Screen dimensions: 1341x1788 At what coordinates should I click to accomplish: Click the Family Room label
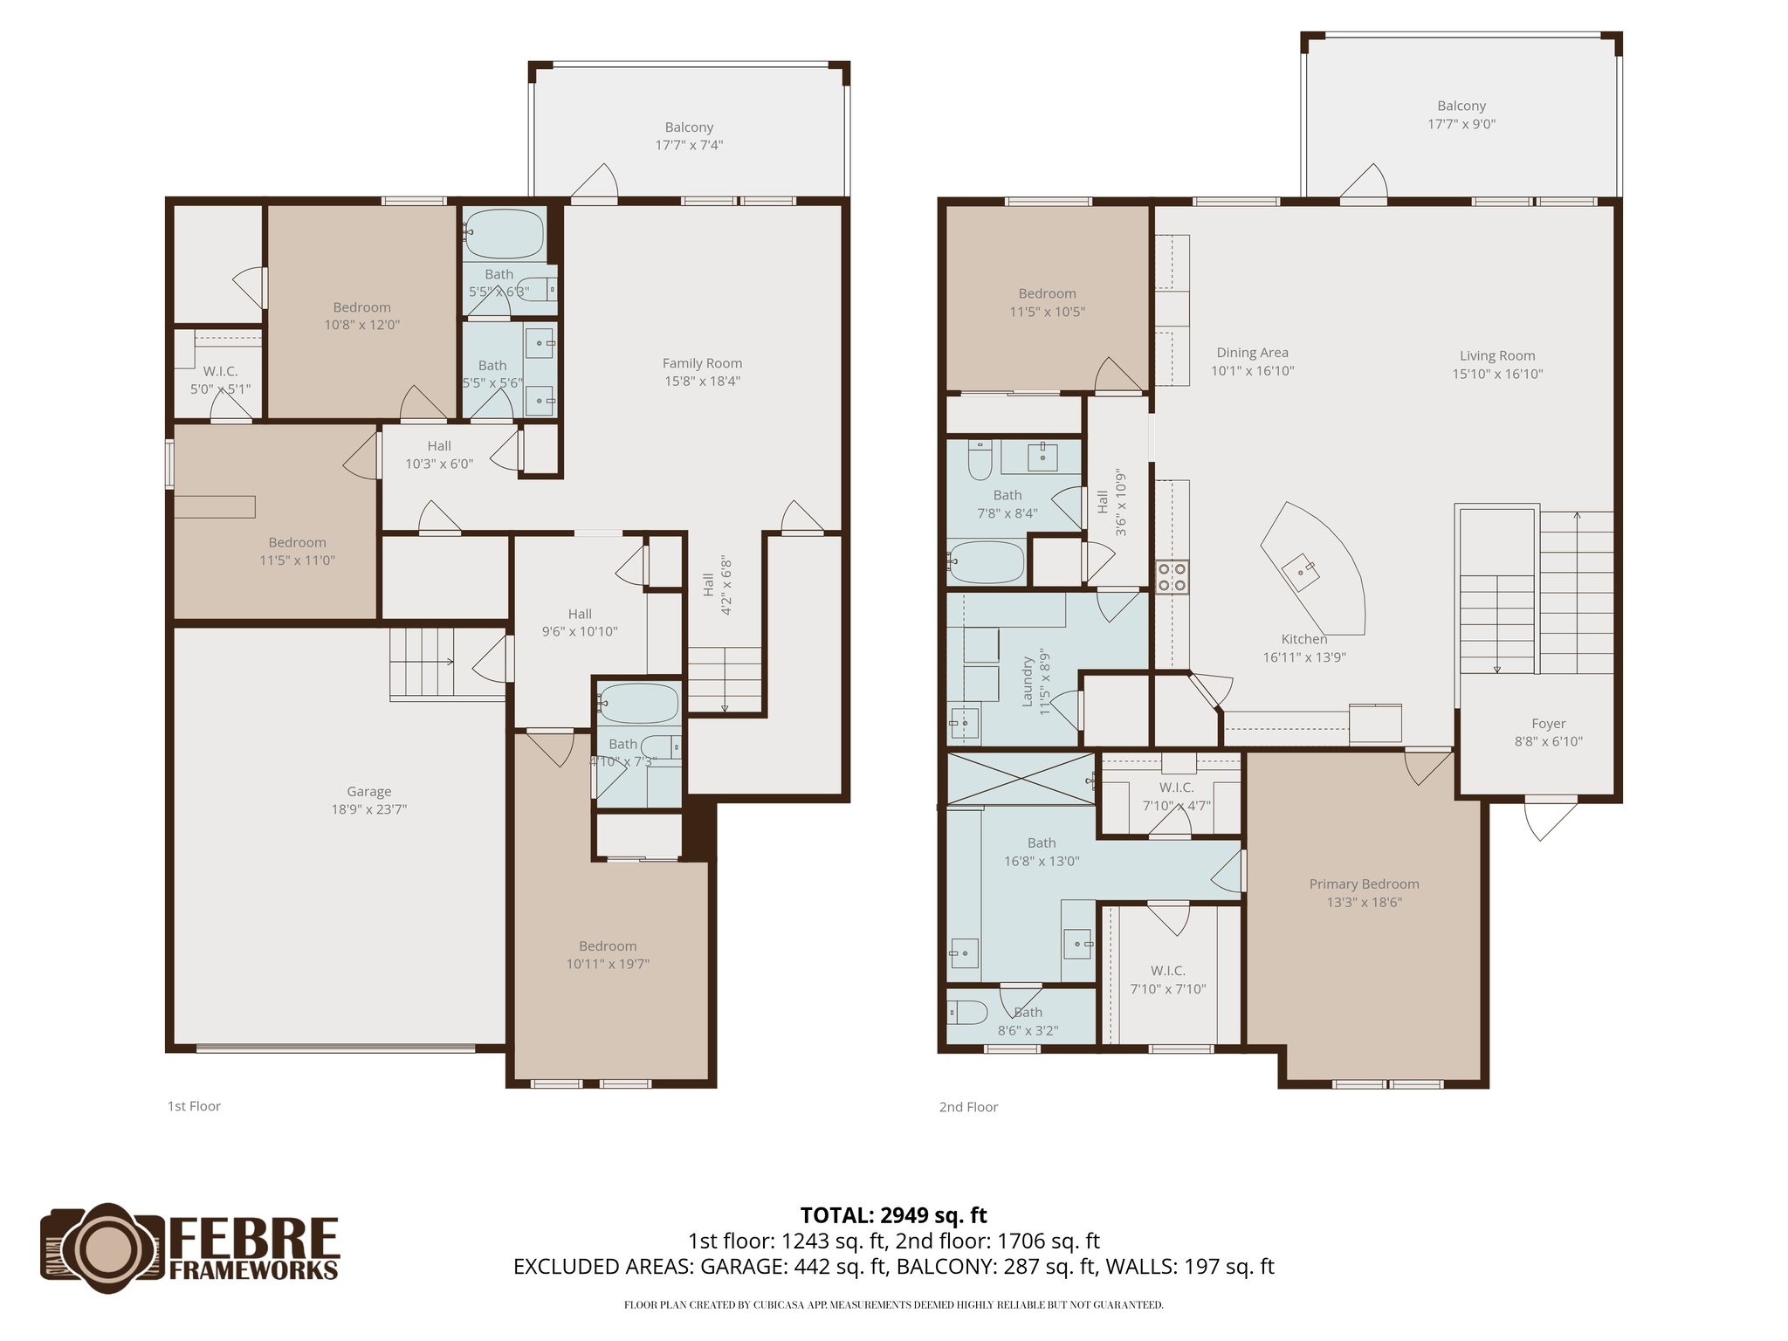[x=702, y=363]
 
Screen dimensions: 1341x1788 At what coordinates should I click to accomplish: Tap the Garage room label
[x=368, y=792]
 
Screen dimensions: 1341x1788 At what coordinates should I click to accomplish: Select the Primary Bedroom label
[x=1364, y=884]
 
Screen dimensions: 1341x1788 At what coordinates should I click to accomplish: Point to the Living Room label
[x=1497, y=356]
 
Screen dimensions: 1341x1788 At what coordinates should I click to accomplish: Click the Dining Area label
[x=1252, y=353]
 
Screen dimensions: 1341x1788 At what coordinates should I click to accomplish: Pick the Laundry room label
[x=1028, y=682]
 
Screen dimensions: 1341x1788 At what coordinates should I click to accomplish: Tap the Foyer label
[x=1548, y=724]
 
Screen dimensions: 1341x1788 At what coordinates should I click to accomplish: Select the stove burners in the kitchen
[x=1172, y=577]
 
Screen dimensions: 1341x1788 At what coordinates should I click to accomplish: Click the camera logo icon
[x=103, y=1248]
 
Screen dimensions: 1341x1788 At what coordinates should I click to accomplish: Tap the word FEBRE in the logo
[x=254, y=1237]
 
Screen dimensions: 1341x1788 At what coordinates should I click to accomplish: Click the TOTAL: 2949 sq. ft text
[x=893, y=1215]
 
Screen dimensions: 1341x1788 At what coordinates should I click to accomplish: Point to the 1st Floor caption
[x=194, y=1106]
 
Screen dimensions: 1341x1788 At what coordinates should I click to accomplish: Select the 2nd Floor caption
[x=968, y=1107]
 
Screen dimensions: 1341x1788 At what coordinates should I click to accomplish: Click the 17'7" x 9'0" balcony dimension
[x=1461, y=125]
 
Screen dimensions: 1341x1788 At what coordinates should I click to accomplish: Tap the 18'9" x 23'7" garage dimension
[x=368, y=809]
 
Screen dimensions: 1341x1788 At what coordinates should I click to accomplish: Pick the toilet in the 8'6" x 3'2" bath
[x=967, y=1013]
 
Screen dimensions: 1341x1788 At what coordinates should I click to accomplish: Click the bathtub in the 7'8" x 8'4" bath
[x=987, y=561]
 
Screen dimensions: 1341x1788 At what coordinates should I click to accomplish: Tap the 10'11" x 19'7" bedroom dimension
[x=608, y=965]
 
